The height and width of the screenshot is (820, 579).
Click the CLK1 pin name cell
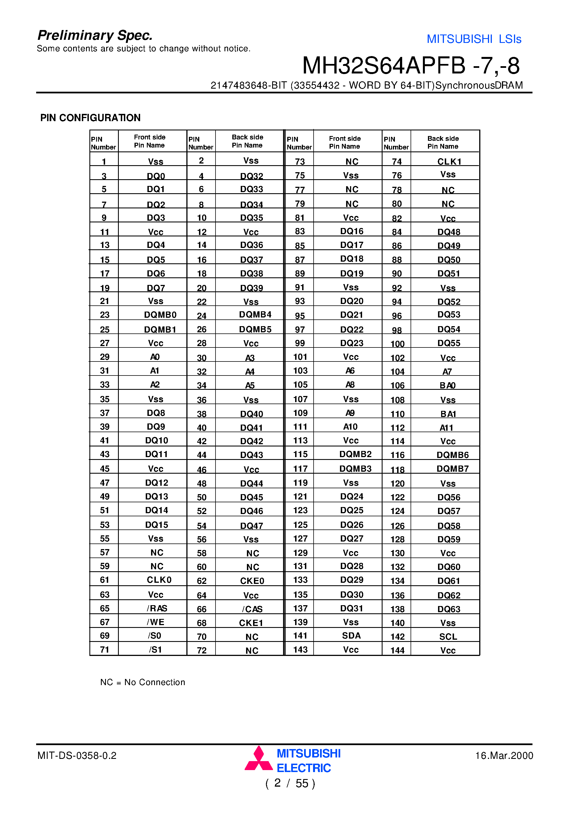449,162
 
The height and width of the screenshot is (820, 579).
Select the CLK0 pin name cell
159,580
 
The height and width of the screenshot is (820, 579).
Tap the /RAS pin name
157,608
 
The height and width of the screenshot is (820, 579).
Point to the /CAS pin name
252,609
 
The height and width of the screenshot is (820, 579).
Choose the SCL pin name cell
448,636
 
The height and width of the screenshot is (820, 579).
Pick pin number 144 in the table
397,650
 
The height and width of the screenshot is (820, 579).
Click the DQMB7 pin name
452,469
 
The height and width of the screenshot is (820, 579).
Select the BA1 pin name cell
448,414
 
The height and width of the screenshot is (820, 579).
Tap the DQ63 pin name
449,609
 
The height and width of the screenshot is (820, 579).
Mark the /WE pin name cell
156,622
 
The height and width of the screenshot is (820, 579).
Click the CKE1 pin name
251,623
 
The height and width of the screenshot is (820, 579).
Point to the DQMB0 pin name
160,315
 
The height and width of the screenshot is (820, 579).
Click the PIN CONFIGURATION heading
90,118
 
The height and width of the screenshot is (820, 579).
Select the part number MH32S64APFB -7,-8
411,66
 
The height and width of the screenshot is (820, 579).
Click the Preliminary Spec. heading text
95,35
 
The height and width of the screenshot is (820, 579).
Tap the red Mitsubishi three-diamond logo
258,759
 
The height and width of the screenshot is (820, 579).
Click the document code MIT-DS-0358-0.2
77,755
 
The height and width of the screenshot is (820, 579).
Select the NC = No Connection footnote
142,682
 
